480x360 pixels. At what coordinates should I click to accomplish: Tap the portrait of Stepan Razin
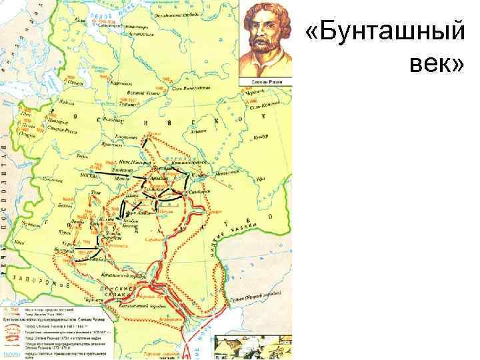point(266,39)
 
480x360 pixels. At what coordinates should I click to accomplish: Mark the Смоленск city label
point(52,180)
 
